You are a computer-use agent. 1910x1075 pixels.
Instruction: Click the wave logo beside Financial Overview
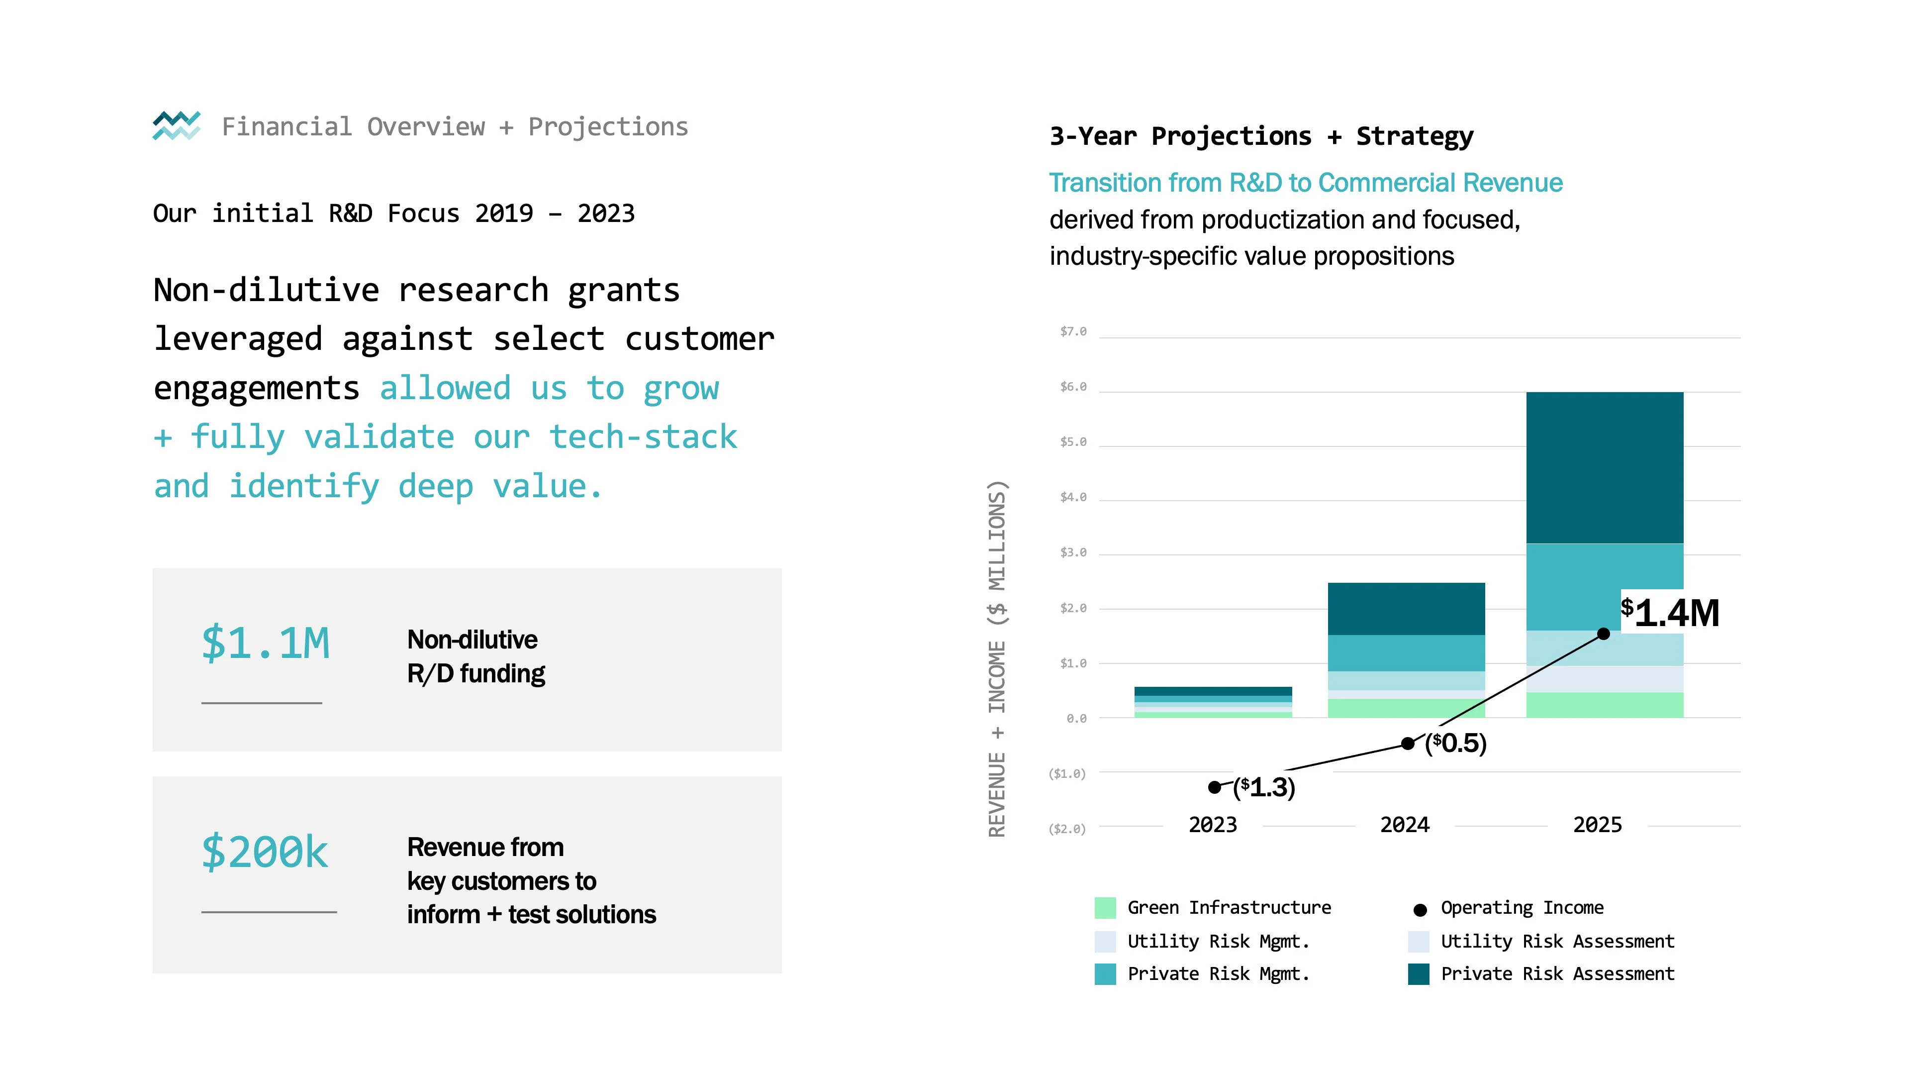[x=177, y=125]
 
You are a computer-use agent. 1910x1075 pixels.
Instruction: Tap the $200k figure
[x=265, y=851]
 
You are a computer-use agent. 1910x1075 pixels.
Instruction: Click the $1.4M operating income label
[x=1670, y=612]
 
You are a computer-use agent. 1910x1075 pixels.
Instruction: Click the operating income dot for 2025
[x=1603, y=634]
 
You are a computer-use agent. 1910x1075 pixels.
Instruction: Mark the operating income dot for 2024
[x=1407, y=744]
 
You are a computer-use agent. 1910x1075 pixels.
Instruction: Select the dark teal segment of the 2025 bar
[x=1605, y=467]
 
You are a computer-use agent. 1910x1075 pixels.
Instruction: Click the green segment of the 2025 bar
[x=1605, y=705]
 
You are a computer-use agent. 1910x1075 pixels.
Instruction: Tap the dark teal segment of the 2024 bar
[x=1406, y=608]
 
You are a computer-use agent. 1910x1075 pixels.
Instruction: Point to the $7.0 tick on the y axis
[x=1073, y=331]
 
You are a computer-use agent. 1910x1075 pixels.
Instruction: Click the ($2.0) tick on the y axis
[x=1067, y=829]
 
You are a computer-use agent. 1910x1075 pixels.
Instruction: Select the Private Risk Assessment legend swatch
[x=1419, y=974]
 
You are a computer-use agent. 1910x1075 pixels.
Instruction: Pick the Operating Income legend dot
[x=1420, y=910]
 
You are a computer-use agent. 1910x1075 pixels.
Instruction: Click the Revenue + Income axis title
[x=997, y=659]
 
